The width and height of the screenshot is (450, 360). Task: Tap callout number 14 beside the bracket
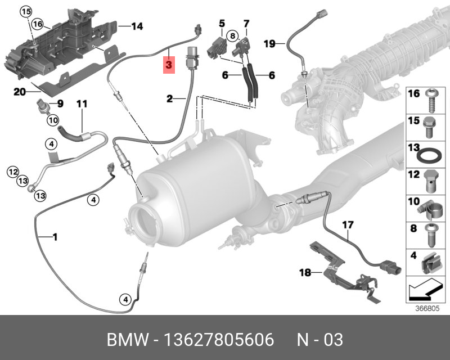[x=137, y=26]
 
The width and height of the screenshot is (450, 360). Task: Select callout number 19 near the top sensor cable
[x=269, y=43]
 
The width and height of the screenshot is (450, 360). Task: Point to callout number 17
[x=348, y=226]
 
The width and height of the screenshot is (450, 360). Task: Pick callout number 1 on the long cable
[x=55, y=237]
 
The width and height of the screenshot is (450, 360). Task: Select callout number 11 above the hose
[x=82, y=103]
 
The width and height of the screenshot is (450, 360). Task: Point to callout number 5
[x=222, y=23]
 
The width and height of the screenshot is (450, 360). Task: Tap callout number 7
[x=246, y=23]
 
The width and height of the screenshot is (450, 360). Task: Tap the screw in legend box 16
[x=431, y=101]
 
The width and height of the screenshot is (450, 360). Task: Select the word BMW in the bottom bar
[x=125, y=340]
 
